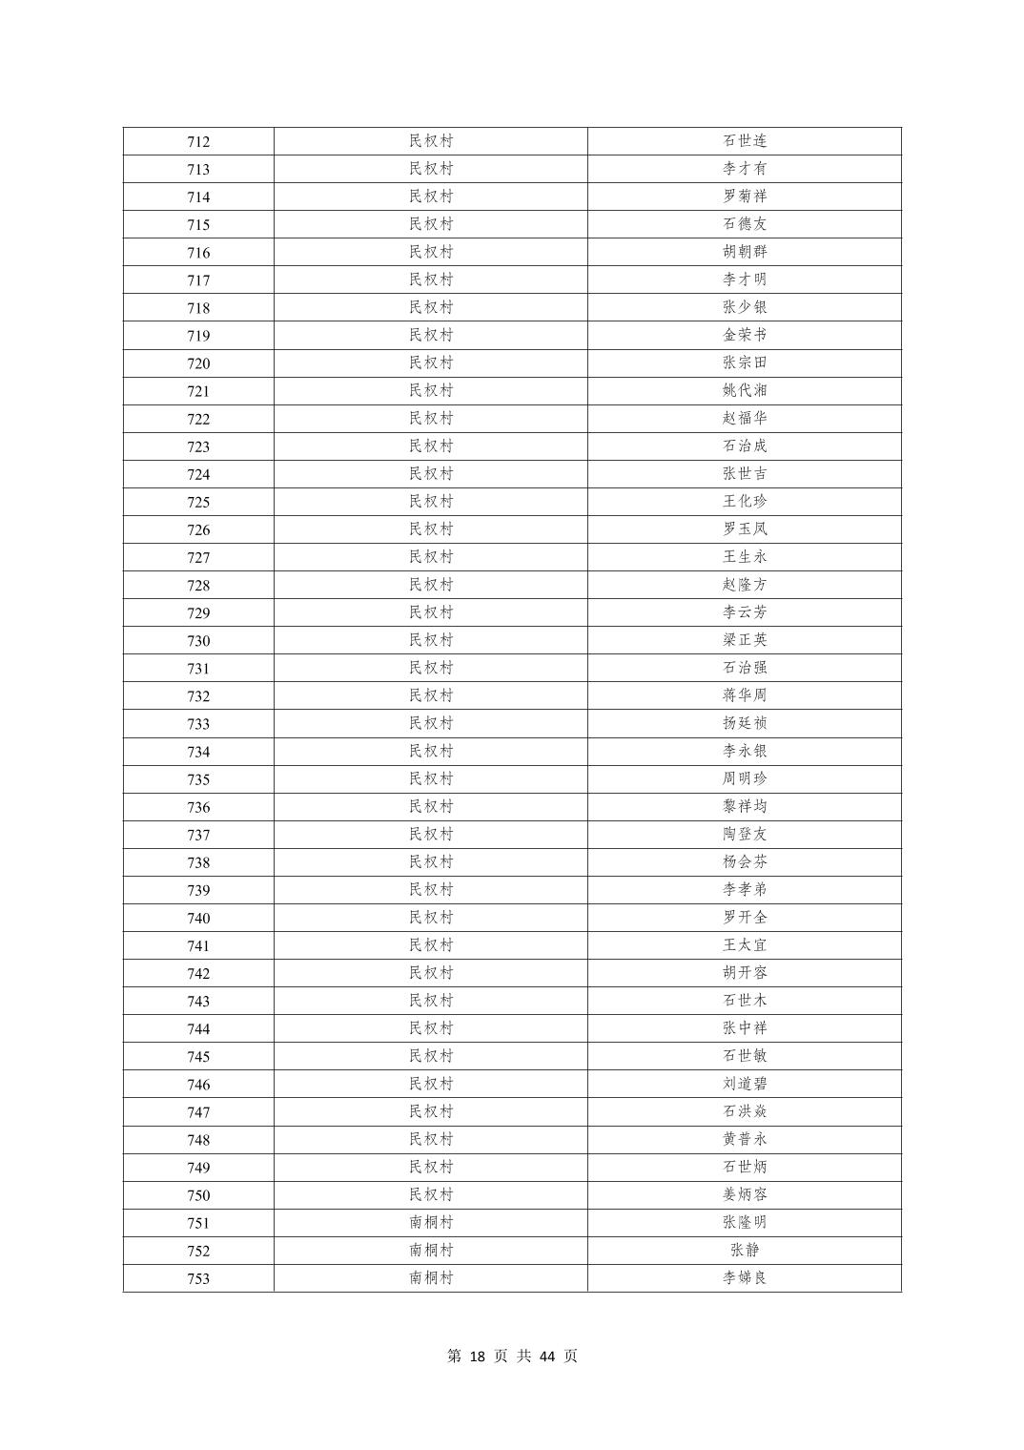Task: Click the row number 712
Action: (x=198, y=142)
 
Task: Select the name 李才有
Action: (x=745, y=169)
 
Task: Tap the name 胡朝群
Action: (x=745, y=252)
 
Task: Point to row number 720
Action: (x=198, y=363)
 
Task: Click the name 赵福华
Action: (x=745, y=418)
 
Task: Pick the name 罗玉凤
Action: (x=745, y=528)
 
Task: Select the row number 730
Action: (x=198, y=641)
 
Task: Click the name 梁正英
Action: (x=745, y=639)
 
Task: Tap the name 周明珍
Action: (x=745, y=778)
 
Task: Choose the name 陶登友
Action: (x=745, y=834)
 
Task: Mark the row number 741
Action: (x=198, y=946)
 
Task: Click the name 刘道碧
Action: (x=745, y=1084)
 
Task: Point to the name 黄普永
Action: (x=745, y=1139)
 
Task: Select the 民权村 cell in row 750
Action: (x=431, y=1194)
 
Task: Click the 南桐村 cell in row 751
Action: (x=431, y=1222)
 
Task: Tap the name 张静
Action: (x=745, y=1250)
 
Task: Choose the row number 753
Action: (x=198, y=1279)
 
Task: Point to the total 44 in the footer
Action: (x=546, y=1357)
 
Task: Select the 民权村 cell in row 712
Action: (x=431, y=141)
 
